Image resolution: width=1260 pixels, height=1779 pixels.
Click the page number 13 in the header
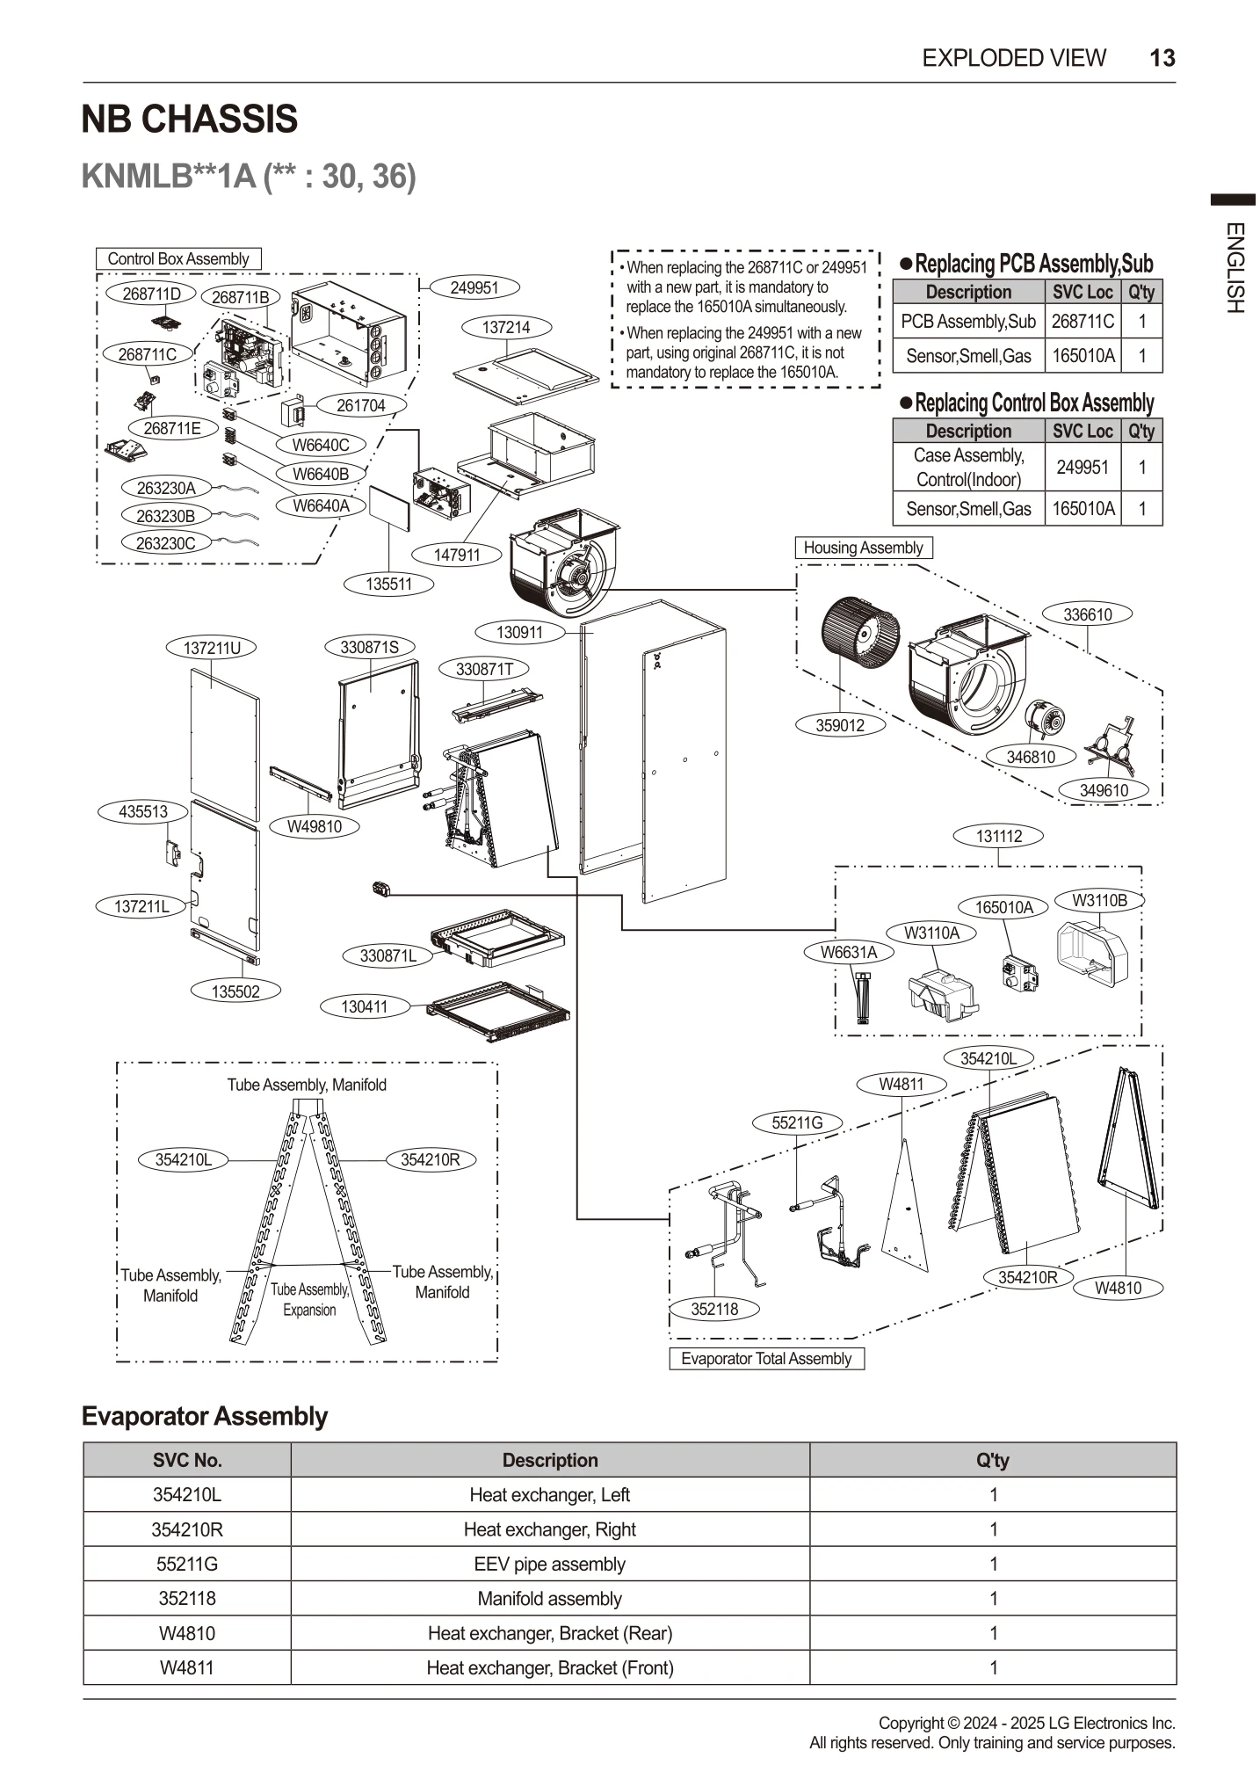point(1162,58)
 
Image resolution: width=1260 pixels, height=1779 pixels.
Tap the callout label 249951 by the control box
point(474,287)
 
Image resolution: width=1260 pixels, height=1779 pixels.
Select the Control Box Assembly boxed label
point(178,258)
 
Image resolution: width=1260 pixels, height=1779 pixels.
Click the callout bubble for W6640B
point(320,475)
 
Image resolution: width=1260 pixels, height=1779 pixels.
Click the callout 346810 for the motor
point(1031,757)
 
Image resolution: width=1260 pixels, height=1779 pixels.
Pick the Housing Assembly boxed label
point(863,548)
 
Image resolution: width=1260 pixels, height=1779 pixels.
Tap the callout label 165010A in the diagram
point(1003,907)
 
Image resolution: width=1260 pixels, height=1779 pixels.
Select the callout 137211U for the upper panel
point(212,648)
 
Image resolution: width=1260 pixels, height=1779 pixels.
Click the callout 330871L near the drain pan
point(387,955)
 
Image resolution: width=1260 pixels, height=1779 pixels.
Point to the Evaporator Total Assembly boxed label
point(766,1359)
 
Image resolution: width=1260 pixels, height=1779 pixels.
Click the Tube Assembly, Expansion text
point(309,1299)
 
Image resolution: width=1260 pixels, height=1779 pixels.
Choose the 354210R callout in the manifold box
point(430,1159)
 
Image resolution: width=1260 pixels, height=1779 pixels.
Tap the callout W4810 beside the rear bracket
point(1118,1288)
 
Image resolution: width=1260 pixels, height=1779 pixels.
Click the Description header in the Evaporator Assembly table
point(549,1460)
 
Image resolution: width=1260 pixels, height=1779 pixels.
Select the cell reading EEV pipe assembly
point(549,1564)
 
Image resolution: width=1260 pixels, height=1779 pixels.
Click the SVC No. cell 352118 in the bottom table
point(187,1598)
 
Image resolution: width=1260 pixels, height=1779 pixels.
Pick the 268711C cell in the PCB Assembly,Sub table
point(1082,322)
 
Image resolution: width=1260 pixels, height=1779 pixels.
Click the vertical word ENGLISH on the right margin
point(1234,268)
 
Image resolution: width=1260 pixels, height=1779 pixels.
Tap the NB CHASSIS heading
point(190,120)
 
